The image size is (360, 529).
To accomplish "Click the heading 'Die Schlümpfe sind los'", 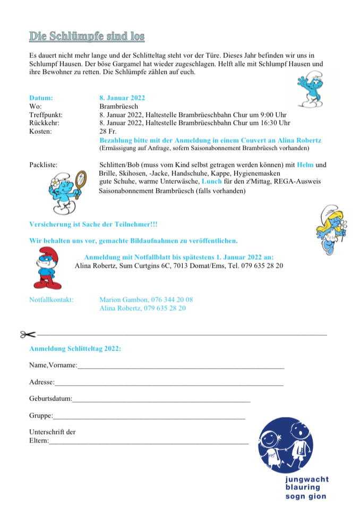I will click(x=87, y=37).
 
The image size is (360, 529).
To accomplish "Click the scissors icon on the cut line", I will click(x=28, y=335).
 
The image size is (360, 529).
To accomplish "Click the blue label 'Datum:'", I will click(x=41, y=98).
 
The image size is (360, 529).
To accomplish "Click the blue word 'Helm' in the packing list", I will click(x=305, y=165).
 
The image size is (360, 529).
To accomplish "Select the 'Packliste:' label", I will click(x=43, y=165).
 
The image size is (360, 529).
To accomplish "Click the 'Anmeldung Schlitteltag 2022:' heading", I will click(x=75, y=349).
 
